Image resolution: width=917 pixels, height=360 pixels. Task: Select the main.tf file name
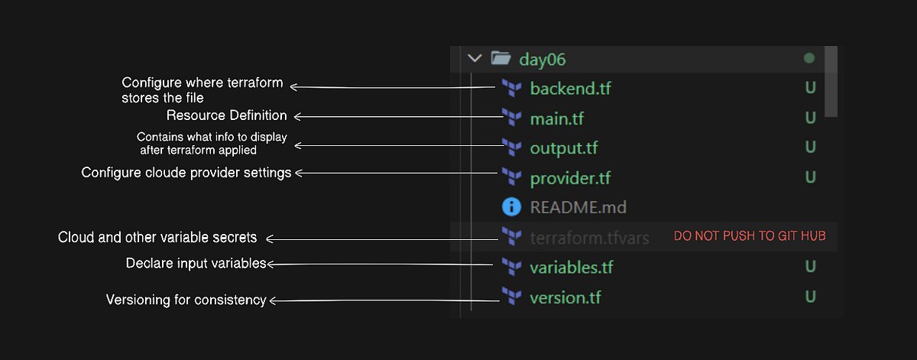coord(556,118)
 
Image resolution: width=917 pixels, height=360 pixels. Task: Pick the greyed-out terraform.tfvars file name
coord(589,238)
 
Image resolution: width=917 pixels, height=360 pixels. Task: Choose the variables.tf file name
coord(571,268)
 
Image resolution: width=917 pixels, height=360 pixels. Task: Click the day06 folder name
coord(542,59)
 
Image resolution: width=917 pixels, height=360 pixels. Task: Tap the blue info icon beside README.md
coord(510,207)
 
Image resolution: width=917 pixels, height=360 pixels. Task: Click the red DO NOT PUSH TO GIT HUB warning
coord(749,237)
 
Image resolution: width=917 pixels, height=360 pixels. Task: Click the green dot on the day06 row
coord(809,58)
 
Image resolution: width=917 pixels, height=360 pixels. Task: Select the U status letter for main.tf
coord(810,118)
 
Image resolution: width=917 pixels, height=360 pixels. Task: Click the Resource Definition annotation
coord(227,116)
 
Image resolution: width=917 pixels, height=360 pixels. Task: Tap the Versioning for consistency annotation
coord(186,300)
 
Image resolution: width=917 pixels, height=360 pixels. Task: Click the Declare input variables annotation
coord(196,264)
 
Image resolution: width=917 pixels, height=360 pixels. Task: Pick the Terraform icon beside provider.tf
coord(510,177)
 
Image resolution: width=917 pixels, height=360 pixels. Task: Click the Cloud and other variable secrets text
coord(157,238)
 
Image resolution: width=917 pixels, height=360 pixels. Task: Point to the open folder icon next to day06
coord(501,58)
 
